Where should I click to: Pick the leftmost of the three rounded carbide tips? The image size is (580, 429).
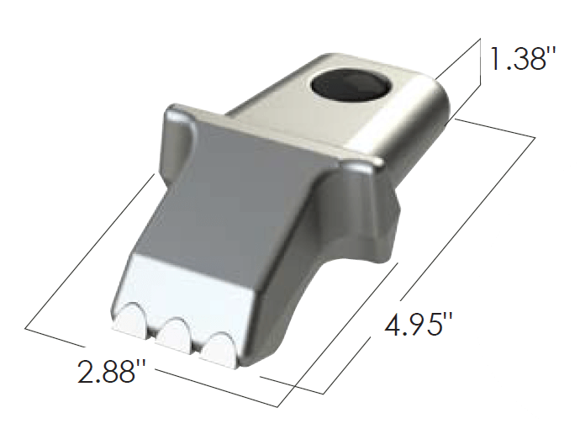tap(130, 321)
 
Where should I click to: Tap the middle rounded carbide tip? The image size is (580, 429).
tap(174, 335)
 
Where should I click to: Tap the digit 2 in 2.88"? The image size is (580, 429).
tap(88, 370)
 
